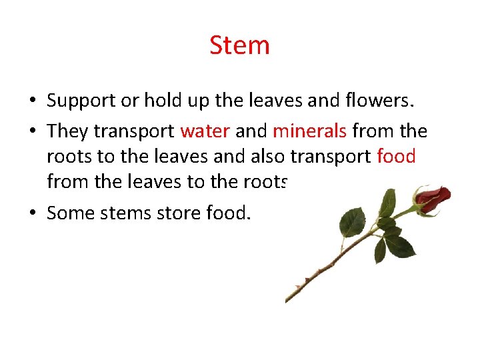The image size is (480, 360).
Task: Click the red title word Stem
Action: click(x=239, y=45)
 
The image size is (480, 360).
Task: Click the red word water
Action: click(x=205, y=131)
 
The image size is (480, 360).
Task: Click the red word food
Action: click(x=396, y=156)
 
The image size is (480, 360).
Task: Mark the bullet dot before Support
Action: click(x=32, y=102)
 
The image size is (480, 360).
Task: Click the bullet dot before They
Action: click(x=32, y=131)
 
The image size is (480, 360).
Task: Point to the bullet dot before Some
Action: click(x=32, y=214)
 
